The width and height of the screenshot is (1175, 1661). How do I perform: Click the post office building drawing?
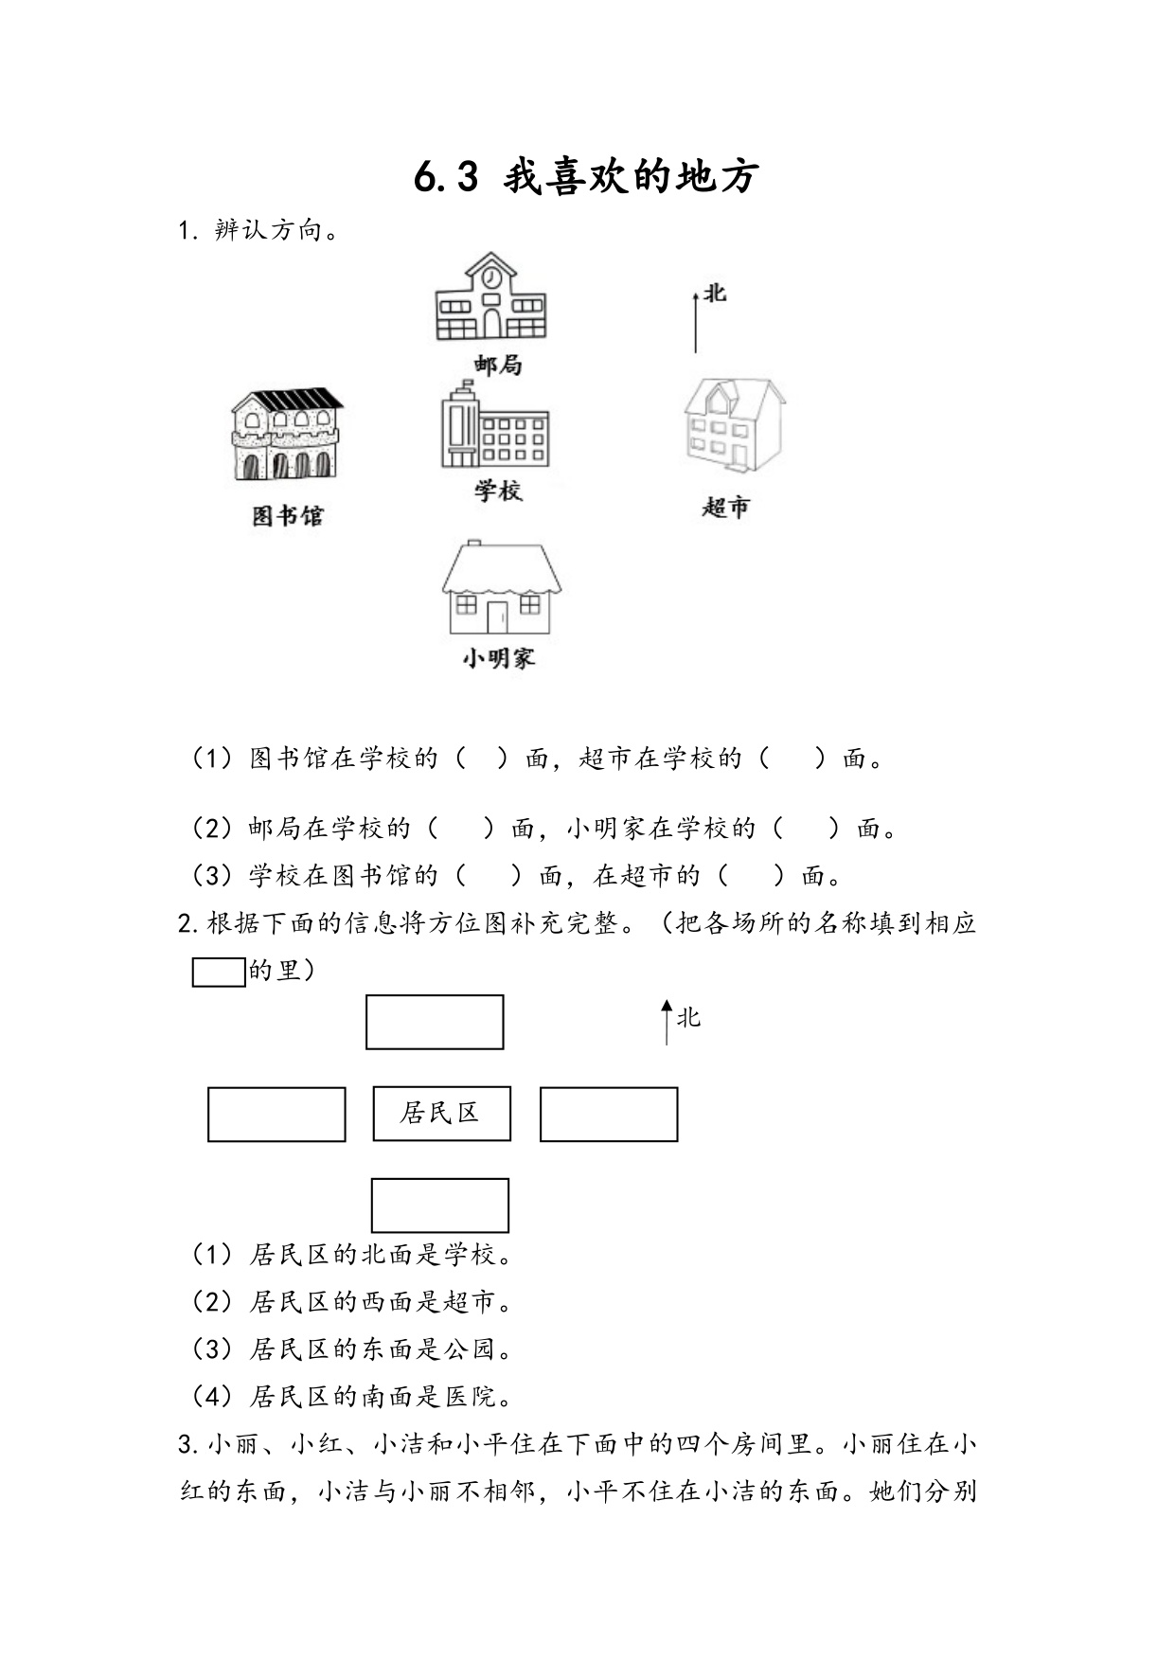coord(490,296)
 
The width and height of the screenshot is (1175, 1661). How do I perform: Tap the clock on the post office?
coord(490,278)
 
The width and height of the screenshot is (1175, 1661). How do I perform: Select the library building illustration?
coord(287,434)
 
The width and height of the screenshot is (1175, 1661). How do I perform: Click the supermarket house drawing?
coord(734,425)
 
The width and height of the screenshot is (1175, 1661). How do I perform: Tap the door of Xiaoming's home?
coord(497,616)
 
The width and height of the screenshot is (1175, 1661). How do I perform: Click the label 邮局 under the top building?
coord(498,365)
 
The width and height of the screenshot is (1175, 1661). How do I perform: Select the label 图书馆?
coord(288,515)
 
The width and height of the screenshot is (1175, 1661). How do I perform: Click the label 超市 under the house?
coord(726,508)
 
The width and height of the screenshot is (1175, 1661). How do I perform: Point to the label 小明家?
coord(499,658)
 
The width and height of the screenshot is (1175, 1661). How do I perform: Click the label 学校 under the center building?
coord(498,491)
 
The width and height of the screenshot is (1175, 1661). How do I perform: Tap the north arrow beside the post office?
coord(696,322)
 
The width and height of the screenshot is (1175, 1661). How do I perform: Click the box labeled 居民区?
coord(442,1114)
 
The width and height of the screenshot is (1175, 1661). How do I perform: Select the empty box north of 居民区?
coord(435,1022)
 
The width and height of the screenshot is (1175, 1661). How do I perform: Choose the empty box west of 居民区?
coord(276,1115)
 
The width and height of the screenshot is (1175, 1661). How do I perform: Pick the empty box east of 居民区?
coord(609,1114)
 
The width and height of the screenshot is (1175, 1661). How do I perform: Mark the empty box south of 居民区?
coord(440,1206)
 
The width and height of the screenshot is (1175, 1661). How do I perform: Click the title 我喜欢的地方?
coord(631,177)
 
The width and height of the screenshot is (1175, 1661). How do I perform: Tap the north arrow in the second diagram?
coord(667,1022)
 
